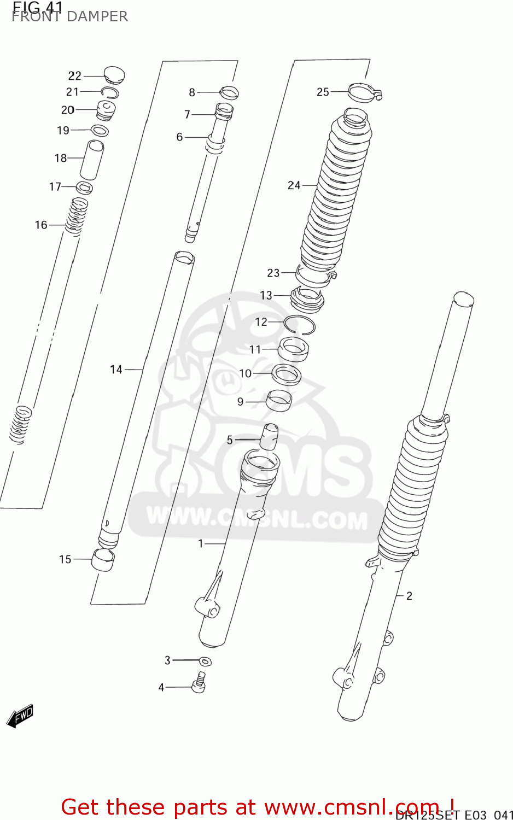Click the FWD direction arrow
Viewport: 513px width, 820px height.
coord(20,716)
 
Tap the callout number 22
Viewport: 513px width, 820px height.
coord(74,76)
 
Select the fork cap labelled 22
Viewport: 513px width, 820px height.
coord(114,75)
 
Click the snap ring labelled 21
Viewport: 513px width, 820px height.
coord(109,92)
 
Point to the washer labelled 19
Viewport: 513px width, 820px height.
coord(100,131)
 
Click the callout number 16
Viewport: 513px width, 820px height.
coord(41,225)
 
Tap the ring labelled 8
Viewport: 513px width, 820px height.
coord(229,93)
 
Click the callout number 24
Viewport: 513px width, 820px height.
coord(294,185)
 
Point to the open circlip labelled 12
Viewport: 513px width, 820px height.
coord(300,325)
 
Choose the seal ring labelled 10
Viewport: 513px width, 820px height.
coord(287,375)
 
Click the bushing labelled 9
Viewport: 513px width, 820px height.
coord(279,400)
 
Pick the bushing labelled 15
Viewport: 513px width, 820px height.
coord(103,560)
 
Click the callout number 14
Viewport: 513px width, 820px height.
coord(116,370)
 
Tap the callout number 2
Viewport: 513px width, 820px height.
coord(409,596)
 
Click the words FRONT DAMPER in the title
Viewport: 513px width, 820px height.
coord(70,17)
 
